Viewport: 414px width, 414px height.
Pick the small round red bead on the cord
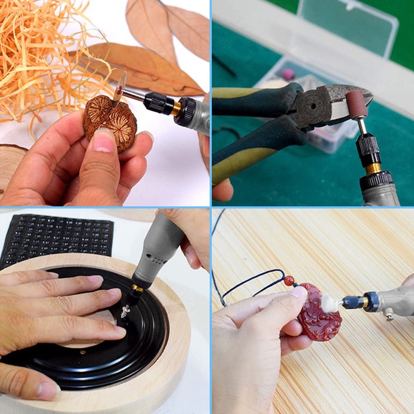289,281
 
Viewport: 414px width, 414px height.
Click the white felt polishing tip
330,303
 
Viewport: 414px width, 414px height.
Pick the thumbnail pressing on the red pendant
299,293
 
